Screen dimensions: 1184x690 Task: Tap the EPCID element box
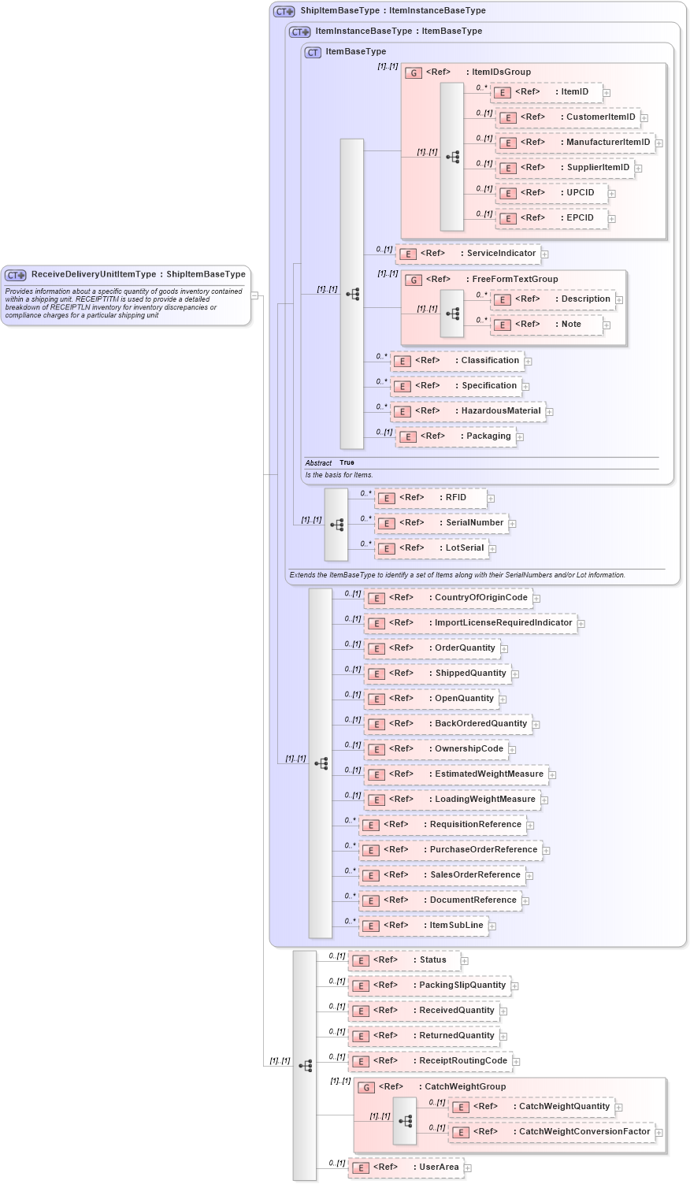click(x=551, y=218)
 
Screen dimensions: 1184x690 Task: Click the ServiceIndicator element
click(x=468, y=254)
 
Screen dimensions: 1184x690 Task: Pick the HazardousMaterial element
click(x=468, y=411)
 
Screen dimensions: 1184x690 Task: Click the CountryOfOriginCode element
click(x=447, y=598)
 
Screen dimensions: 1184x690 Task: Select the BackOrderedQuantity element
click(x=447, y=724)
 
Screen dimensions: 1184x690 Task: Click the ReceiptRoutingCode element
click(x=430, y=1061)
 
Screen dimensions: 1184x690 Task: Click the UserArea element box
click(x=406, y=1167)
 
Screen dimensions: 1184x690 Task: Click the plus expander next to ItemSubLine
click(x=492, y=926)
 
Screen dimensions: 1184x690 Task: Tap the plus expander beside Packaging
click(x=520, y=437)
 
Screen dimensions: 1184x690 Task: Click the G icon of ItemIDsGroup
click(x=414, y=72)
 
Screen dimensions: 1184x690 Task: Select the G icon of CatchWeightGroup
click(x=365, y=1087)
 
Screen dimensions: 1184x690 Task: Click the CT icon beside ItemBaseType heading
click(x=313, y=52)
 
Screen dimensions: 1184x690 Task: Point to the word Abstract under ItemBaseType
click(x=318, y=463)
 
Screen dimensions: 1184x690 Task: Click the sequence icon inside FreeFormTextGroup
click(x=452, y=313)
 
